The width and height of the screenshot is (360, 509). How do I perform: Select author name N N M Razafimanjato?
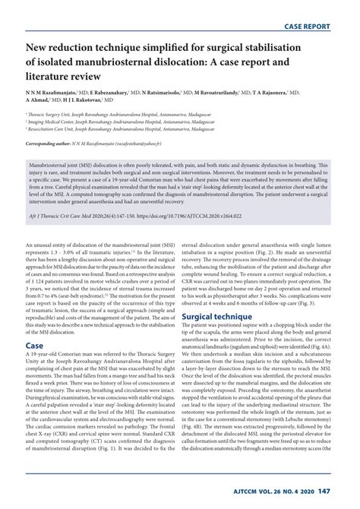point(52,92)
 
